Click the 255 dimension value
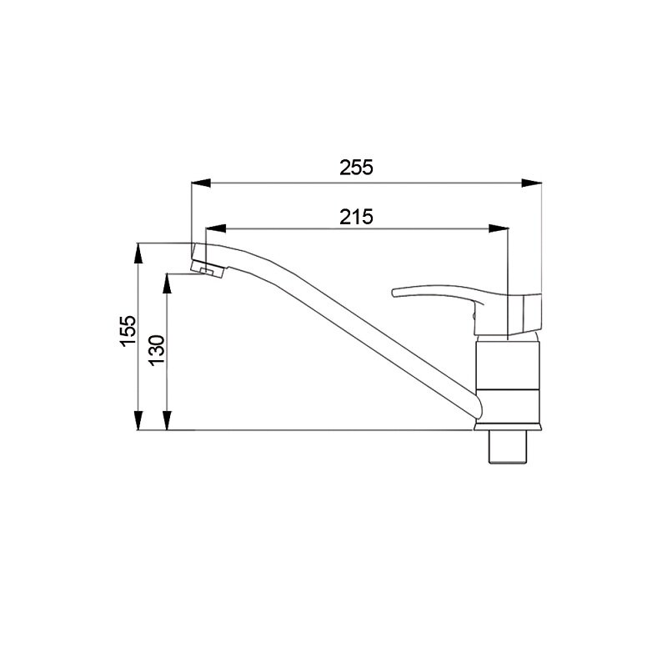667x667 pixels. click(x=356, y=168)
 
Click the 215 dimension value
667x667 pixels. click(x=356, y=217)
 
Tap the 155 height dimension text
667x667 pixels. click(x=128, y=331)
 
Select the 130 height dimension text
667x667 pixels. click(x=157, y=350)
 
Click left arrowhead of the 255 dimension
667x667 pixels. click(x=201, y=183)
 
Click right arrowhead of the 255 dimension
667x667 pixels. click(x=532, y=183)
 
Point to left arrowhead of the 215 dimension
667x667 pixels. click(x=216, y=228)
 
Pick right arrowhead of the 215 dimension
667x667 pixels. click(x=499, y=228)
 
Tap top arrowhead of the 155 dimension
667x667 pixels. click(x=138, y=253)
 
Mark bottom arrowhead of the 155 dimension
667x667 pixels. click(x=138, y=420)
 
